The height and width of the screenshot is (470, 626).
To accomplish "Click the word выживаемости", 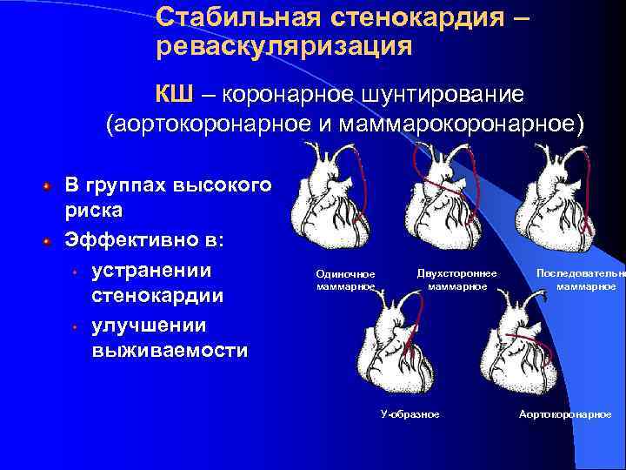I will click(169, 350).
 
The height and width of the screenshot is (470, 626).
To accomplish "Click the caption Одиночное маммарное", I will click(346, 279).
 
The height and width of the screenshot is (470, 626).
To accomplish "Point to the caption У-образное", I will click(410, 413).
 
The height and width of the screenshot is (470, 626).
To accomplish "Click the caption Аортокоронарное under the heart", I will click(565, 413).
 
